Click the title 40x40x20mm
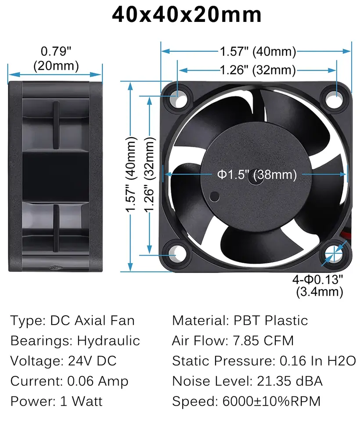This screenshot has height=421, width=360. [x=187, y=15]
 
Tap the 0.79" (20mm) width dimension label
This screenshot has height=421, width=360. [x=56, y=59]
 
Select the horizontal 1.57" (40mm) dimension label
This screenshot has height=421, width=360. [x=257, y=52]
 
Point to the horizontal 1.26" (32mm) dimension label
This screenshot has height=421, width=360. [x=257, y=70]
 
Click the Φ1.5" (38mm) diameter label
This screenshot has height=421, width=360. [x=257, y=175]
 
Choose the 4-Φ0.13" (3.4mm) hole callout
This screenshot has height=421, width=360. [x=318, y=285]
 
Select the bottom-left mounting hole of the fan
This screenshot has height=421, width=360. [x=177, y=253]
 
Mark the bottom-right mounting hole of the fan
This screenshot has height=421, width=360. [x=335, y=253]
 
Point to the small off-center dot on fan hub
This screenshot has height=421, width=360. [x=214, y=196]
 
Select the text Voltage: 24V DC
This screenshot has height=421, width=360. [x=64, y=361]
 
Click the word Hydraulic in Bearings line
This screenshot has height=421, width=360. [x=108, y=341]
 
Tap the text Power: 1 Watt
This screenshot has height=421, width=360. [x=56, y=401]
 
